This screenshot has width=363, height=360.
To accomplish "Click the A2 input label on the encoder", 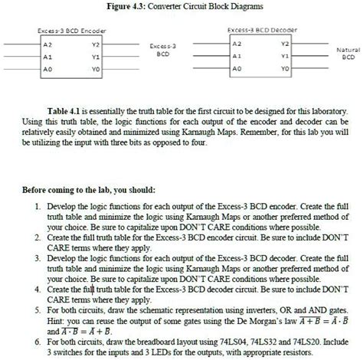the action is pyautogui.click(x=47, y=44).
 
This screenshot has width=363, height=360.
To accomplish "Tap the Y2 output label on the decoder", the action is pyautogui.click(x=285, y=44).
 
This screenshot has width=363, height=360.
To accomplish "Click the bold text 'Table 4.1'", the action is pyautogui.click(x=64, y=111).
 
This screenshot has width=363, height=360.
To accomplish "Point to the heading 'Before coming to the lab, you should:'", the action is pyautogui.click(x=100, y=189).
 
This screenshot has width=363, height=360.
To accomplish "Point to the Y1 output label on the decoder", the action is pyautogui.click(x=285, y=56).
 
